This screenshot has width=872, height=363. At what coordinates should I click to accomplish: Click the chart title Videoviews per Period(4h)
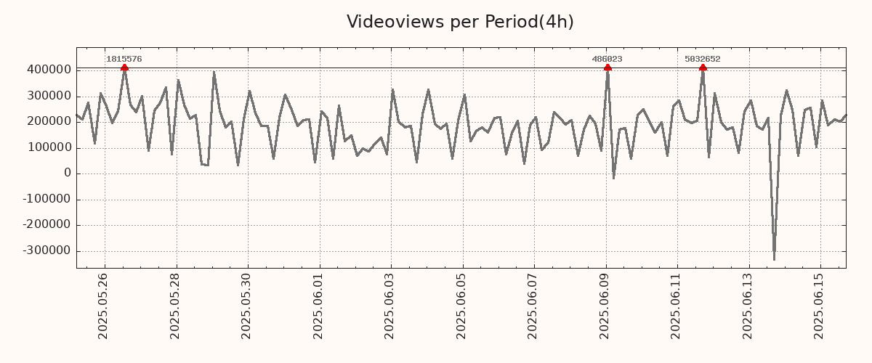click(x=460, y=22)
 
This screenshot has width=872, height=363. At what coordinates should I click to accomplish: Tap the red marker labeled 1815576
click(x=124, y=68)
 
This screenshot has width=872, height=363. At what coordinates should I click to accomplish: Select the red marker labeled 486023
click(x=607, y=68)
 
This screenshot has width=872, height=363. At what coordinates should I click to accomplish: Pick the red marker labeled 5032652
click(x=703, y=68)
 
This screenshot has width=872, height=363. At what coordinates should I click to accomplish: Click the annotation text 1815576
click(x=124, y=59)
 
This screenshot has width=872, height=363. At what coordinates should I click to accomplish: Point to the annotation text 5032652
click(x=703, y=59)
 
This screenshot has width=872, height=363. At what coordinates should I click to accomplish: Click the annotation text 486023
click(x=607, y=59)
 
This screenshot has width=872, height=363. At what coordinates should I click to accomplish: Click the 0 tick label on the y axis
click(x=68, y=174)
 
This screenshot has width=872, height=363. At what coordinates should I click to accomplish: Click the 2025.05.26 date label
click(x=102, y=306)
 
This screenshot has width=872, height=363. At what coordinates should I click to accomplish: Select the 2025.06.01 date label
click(x=318, y=306)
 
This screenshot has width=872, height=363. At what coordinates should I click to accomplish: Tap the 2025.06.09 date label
click(x=605, y=306)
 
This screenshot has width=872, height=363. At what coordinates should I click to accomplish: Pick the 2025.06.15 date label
click(x=820, y=306)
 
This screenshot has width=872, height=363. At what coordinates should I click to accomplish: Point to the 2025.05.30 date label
click(x=246, y=306)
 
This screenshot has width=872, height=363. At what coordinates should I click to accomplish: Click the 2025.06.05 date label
click(x=461, y=306)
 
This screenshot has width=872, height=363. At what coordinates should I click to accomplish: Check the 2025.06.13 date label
click(x=748, y=306)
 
